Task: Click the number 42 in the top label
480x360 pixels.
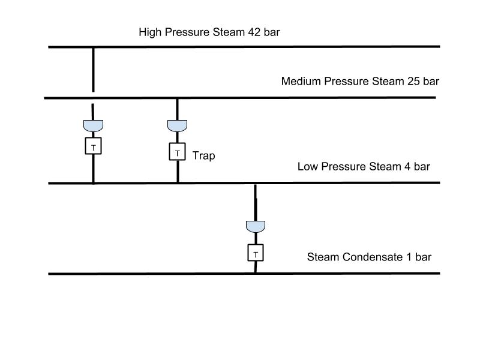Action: tap(254, 32)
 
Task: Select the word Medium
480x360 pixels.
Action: tap(301, 82)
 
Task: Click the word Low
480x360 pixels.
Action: tap(308, 167)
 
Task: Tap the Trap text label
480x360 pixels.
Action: tap(203, 156)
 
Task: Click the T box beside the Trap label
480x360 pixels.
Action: tap(177, 152)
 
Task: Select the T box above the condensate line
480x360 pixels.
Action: tap(256, 253)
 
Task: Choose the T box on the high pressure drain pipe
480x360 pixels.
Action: tap(94, 146)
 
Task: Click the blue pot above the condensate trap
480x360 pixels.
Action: tap(256, 227)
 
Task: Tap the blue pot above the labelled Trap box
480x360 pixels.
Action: tap(177, 126)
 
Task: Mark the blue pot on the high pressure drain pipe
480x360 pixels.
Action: tap(94, 126)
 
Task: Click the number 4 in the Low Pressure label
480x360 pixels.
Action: tap(407, 167)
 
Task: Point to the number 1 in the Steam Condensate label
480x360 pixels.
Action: tap(409, 257)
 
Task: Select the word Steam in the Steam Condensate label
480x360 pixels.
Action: tap(323, 257)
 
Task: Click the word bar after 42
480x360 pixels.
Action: tap(272, 32)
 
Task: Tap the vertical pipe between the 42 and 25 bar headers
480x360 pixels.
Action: tap(94, 70)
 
